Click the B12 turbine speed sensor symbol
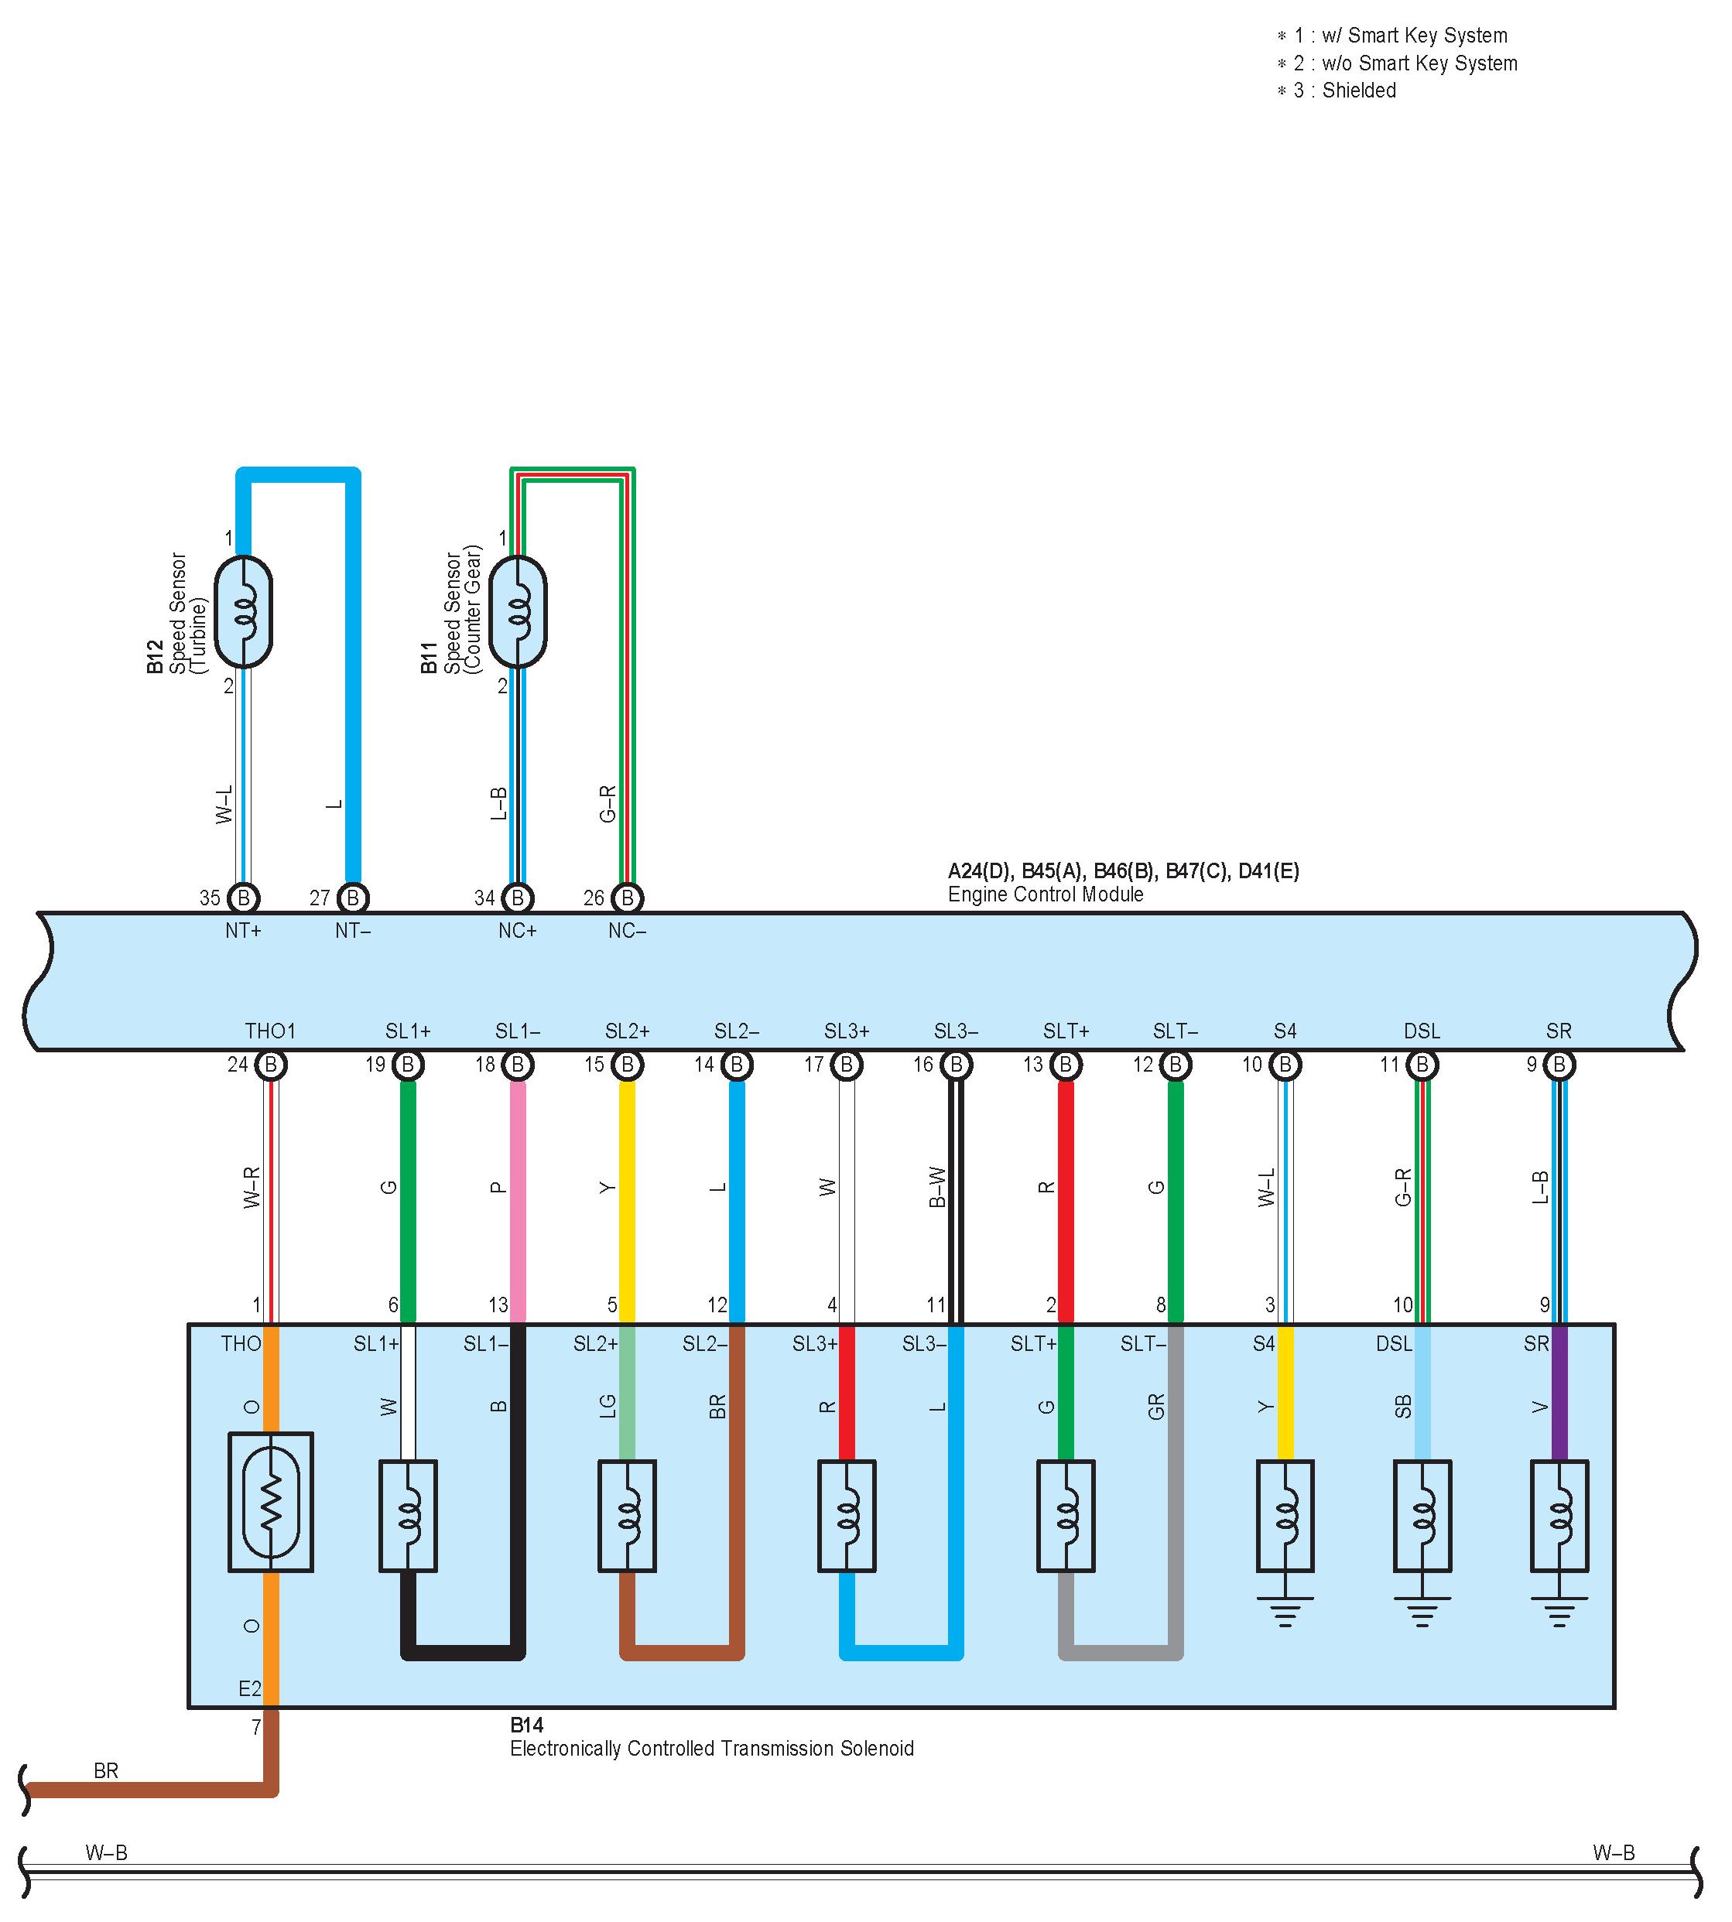244,612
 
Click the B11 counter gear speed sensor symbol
518,612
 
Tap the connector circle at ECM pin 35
244,898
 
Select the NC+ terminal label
518,931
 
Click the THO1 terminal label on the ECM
270,1031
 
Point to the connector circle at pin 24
271,1065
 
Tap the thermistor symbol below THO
271,1503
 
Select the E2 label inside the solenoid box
249,1689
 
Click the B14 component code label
527,1725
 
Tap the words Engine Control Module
1045,894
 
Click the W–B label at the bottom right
1614,1852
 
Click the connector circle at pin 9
1559,1065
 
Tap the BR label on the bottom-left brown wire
105,1770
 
